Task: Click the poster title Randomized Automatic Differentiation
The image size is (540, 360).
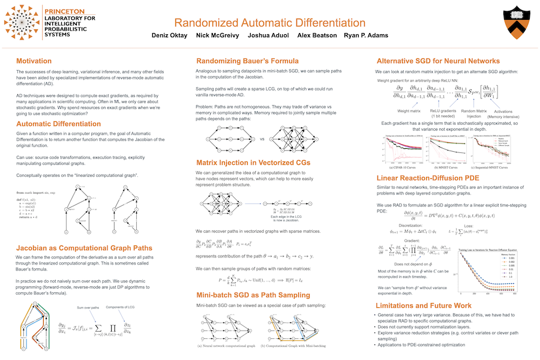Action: [269, 23]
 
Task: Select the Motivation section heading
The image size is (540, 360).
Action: [34, 61]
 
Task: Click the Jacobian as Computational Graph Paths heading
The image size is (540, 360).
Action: [84, 248]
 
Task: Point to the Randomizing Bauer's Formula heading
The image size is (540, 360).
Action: [247, 61]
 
